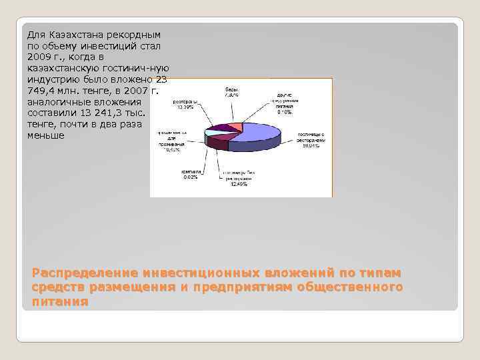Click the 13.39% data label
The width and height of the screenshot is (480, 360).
(x=184, y=107)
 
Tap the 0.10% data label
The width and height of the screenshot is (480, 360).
(x=284, y=111)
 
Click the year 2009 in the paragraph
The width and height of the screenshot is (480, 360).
(x=39, y=57)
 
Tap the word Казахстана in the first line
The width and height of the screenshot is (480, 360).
(x=74, y=35)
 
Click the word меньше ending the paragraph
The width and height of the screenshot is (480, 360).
(x=45, y=135)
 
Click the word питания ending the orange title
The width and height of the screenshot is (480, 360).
(x=60, y=301)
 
